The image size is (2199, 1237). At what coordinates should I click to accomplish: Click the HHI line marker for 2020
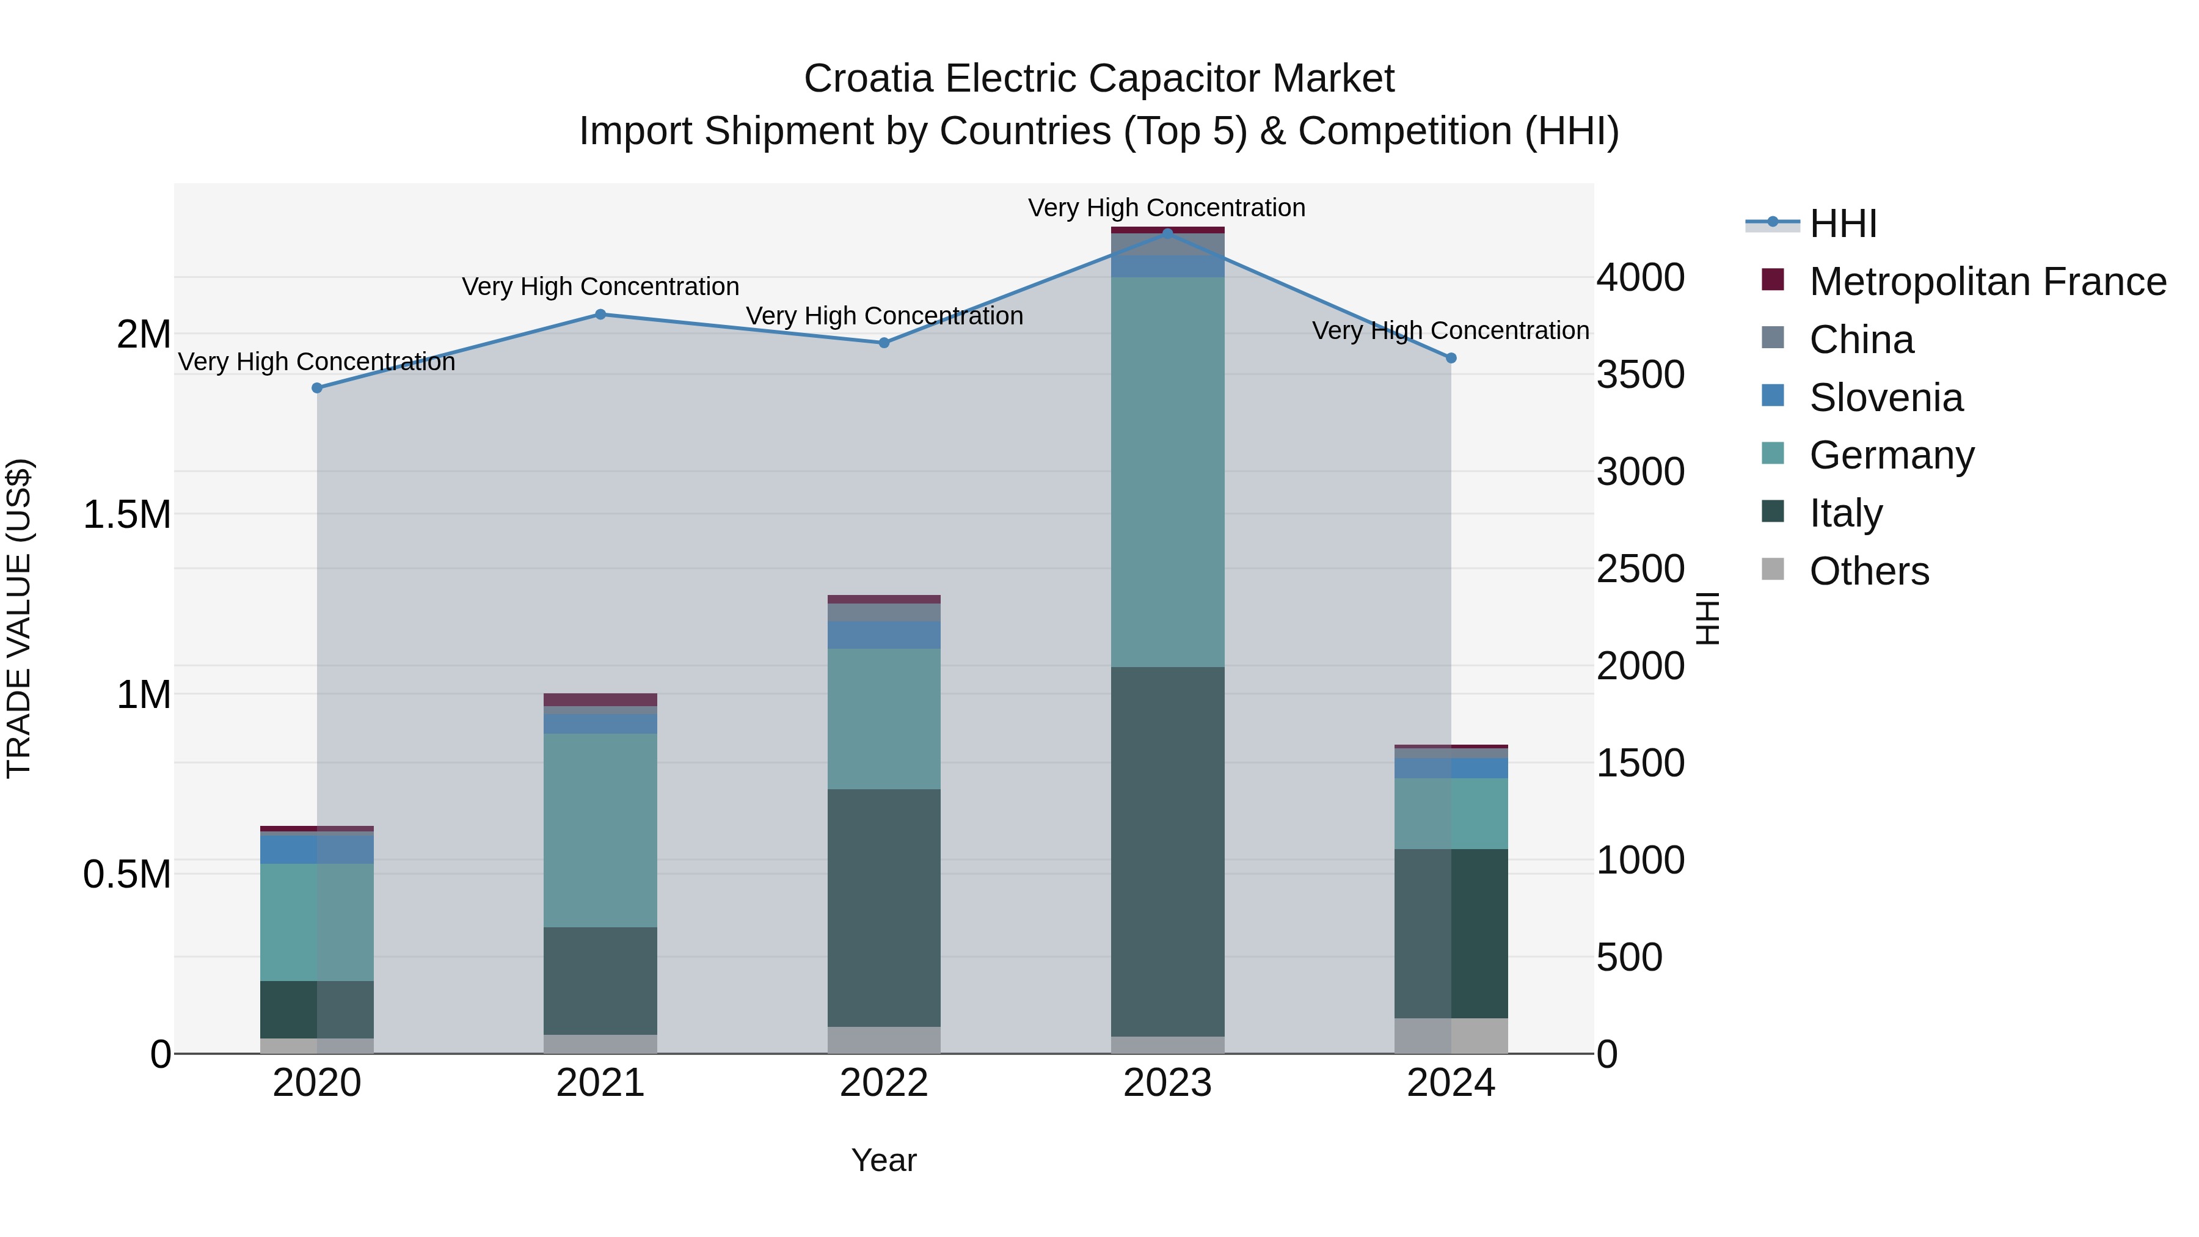[316, 387]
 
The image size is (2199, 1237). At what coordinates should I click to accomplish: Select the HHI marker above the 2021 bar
[600, 314]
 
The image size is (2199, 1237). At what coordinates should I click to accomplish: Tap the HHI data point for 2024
[1451, 358]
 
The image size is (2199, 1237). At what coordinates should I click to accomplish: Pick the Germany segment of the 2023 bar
[1168, 471]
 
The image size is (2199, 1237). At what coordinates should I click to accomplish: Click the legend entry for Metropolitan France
[1986, 282]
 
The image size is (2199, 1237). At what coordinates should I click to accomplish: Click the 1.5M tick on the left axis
[126, 515]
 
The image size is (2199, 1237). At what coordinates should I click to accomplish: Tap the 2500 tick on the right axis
[1640, 569]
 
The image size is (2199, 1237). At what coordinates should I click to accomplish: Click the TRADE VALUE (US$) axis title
[19, 618]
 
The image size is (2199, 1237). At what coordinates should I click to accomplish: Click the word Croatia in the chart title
[869, 79]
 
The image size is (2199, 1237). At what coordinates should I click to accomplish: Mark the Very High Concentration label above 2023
[1166, 208]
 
